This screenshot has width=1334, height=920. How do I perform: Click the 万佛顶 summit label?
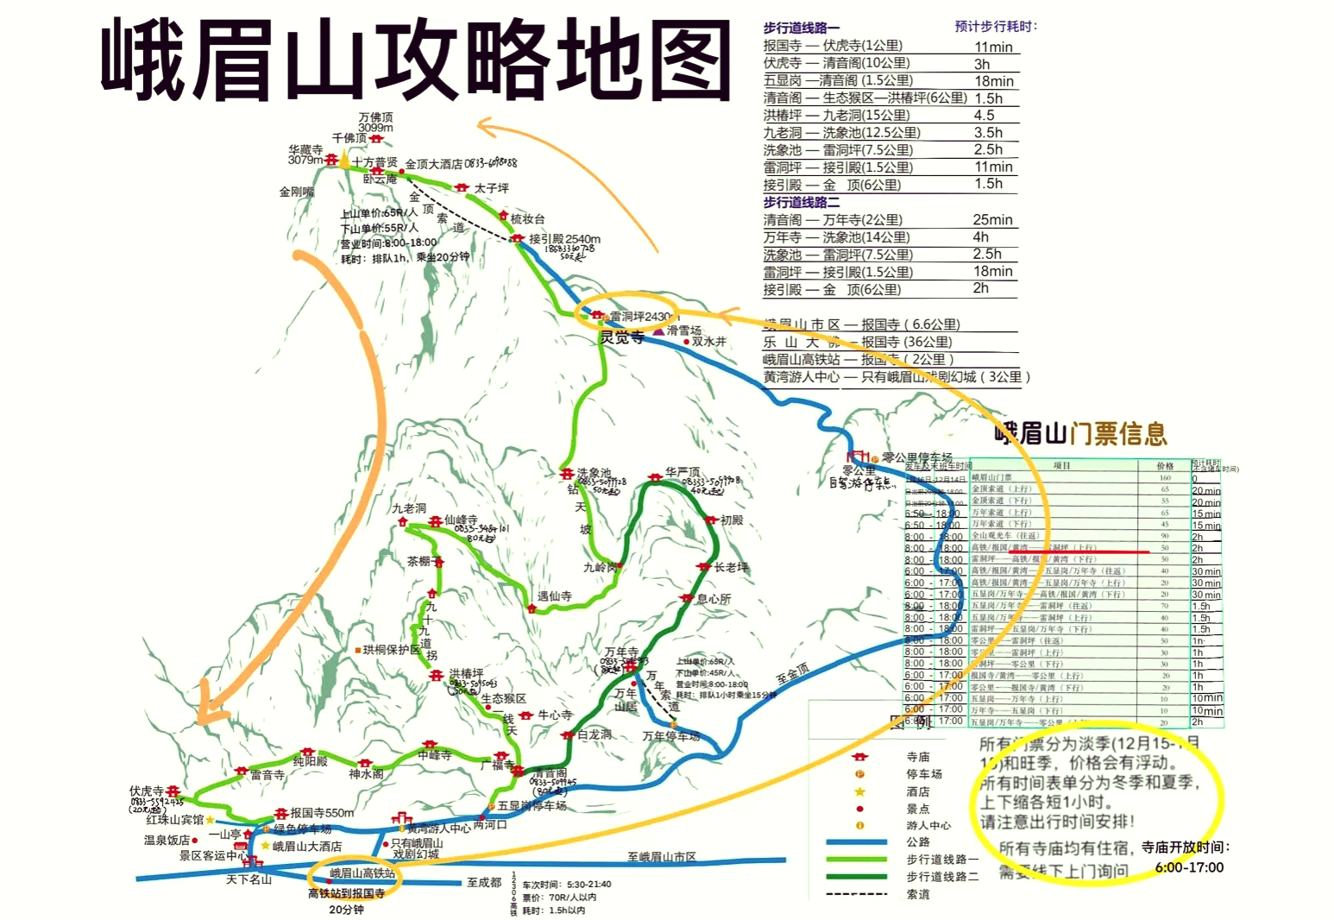pos(376,117)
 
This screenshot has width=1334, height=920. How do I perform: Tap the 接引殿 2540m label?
pos(564,239)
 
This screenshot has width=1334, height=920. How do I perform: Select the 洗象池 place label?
pos(594,473)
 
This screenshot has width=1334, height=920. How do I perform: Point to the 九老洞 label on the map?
pos(409,508)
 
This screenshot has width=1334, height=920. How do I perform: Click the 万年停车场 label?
pos(670,736)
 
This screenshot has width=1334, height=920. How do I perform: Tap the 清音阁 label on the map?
pos(550,773)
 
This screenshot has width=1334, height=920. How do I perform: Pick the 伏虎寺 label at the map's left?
pos(146,791)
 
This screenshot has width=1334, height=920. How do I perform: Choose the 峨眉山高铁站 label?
pos(362,873)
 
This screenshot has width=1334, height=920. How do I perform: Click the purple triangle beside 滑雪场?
pos(658,331)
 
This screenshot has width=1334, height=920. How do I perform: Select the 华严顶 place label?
pos(683,472)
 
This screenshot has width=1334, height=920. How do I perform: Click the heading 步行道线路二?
pos(801,202)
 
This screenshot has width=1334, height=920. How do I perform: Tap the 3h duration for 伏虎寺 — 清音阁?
pos(982,64)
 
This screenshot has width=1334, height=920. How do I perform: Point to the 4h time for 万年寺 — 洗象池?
pos(981,236)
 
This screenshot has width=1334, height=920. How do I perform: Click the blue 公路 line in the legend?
pos(856,841)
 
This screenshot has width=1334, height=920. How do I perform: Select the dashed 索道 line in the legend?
pos(856,894)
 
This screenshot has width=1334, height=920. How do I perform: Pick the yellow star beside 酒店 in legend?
pos(859,791)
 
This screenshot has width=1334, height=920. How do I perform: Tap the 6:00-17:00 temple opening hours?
pos(1189,867)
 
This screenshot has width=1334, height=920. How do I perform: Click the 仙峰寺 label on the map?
pos(461,520)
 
